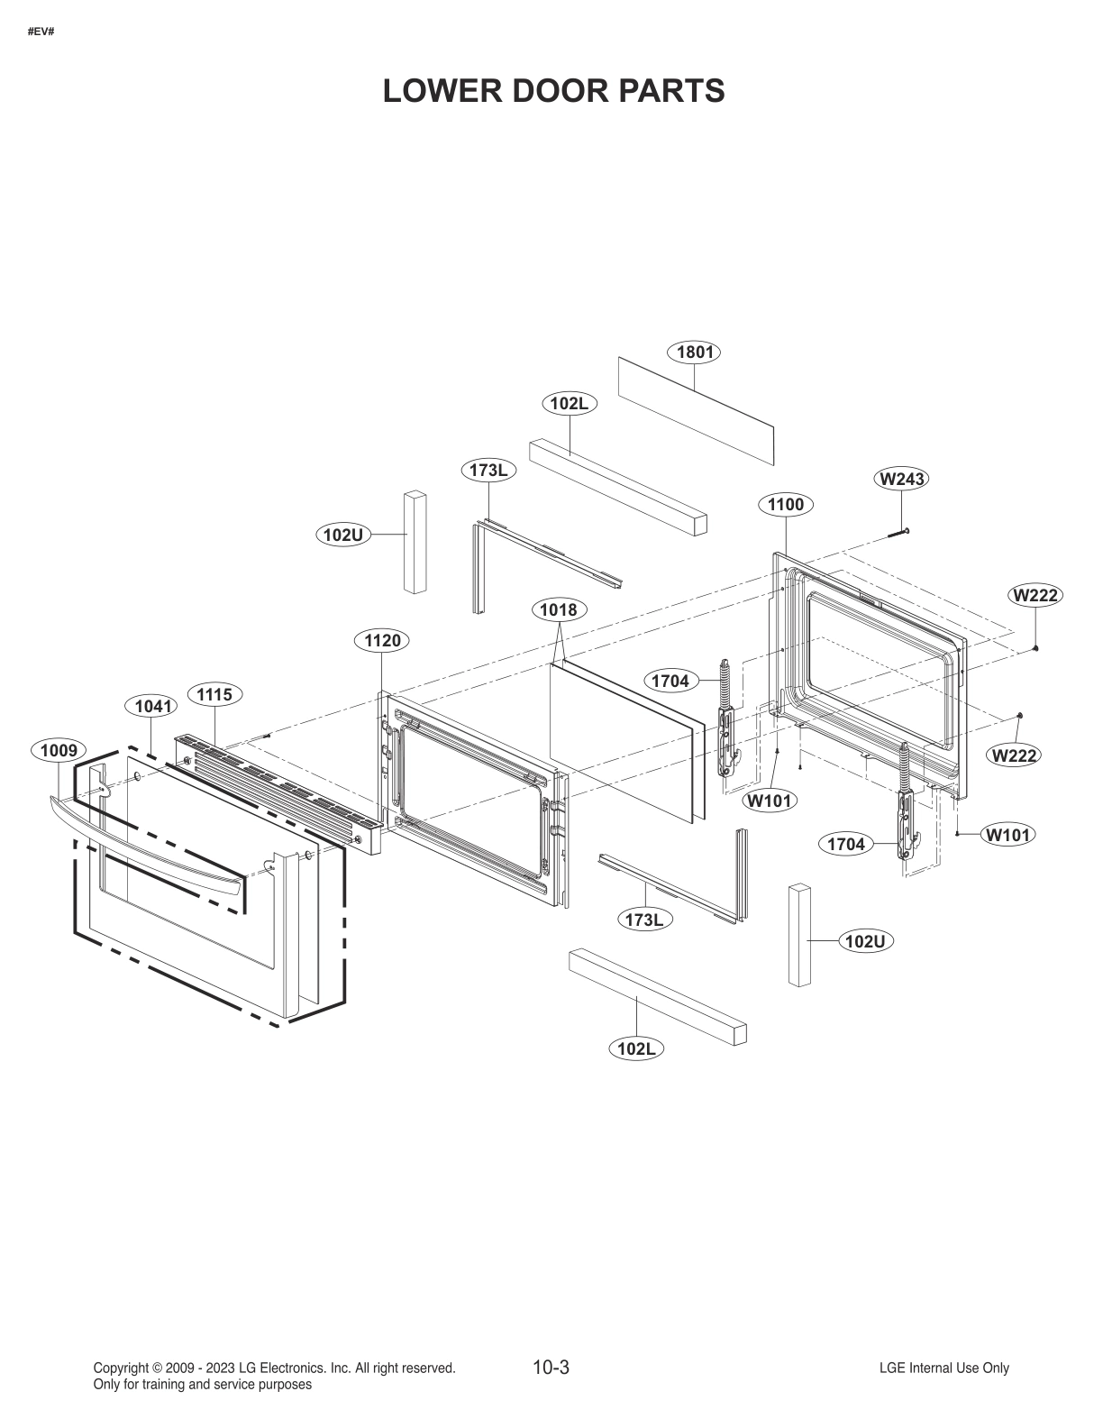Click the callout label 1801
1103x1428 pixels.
pos(694,352)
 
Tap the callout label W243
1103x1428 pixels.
pos(901,480)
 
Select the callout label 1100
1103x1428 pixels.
pos(785,505)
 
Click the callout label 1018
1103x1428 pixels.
pos(558,610)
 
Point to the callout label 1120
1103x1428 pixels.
pos(382,641)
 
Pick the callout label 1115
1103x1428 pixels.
pos(214,694)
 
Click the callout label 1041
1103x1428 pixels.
pos(152,706)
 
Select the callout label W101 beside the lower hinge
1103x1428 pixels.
pos(1007,835)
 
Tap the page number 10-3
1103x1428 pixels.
pos(551,1368)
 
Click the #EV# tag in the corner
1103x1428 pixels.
pos(41,32)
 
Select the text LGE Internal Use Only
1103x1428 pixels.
pos(943,1368)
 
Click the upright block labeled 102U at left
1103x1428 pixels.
pos(415,542)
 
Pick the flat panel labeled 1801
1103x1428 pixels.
pos(695,410)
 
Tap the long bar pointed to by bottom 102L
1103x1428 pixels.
pos(658,996)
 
